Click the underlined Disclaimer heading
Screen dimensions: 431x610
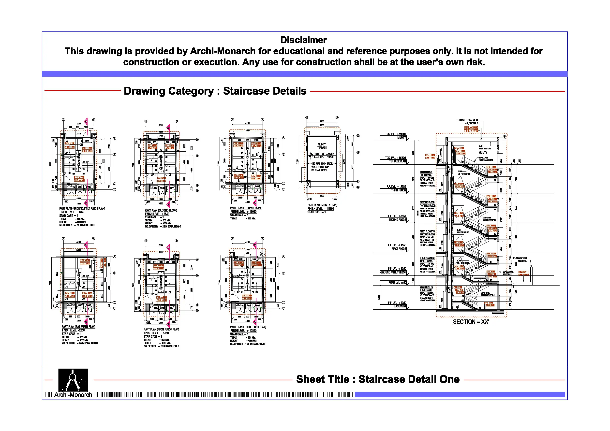tap(303, 40)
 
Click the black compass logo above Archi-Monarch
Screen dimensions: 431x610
tap(73, 380)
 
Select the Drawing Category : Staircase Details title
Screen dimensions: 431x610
tap(215, 91)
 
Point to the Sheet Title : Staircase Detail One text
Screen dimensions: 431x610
tap(377, 379)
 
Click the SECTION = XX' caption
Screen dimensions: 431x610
tap(471, 322)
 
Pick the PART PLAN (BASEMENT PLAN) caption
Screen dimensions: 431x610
tap(78, 327)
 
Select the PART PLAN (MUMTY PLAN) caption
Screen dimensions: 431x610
tap(322, 205)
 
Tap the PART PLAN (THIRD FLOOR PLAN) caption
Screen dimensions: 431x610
tap(248, 327)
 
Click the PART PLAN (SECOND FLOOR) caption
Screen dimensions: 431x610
tap(161, 210)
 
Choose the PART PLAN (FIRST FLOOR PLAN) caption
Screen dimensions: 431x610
tap(162, 329)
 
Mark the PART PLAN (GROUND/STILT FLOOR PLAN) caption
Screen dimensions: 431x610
tap(82, 208)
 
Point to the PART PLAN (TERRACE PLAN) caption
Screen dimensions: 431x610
tap(246, 208)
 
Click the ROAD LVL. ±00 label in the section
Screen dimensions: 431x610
tap(397, 283)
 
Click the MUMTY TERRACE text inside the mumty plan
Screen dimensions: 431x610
tap(322, 146)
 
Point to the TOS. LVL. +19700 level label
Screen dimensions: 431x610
tap(395, 134)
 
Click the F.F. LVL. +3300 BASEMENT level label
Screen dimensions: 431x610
tap(397, 304)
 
